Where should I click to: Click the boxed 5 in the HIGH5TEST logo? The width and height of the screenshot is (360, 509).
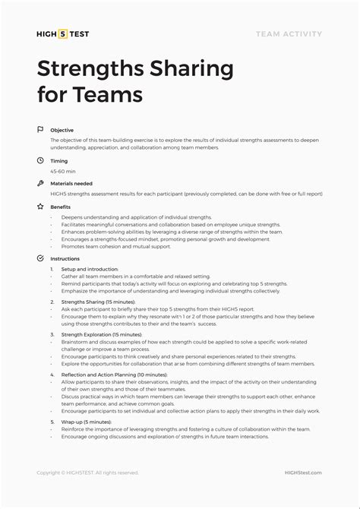click(63, 34)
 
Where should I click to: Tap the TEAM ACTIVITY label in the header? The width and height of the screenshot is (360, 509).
click(289, 34)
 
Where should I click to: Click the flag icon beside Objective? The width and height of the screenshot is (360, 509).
click(40, 130)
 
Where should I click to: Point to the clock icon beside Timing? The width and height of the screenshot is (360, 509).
click(40, 160)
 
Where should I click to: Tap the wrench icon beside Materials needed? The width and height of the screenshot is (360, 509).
click(40, 183)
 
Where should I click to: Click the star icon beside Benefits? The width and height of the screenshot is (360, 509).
click(40, 207)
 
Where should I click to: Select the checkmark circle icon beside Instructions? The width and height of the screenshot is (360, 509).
click(40, 258)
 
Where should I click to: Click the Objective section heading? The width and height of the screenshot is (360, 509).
click(62, 131)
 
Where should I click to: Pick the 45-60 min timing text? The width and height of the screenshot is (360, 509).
click(63, 171)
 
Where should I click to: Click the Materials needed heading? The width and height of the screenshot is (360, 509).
click(71, 184)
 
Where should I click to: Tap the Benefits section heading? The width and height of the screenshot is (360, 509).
click(61, 207)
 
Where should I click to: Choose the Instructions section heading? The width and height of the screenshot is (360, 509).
click(65, 259)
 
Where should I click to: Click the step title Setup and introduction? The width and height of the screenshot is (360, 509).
click(90, 270)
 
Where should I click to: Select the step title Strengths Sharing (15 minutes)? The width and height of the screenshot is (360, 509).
click(99, 302)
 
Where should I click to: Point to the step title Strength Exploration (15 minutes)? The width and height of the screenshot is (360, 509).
click(102, 334)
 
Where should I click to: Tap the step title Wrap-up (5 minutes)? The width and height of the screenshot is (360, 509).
click(87, 422)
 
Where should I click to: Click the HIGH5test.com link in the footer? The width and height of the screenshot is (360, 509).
click(304, 473)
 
